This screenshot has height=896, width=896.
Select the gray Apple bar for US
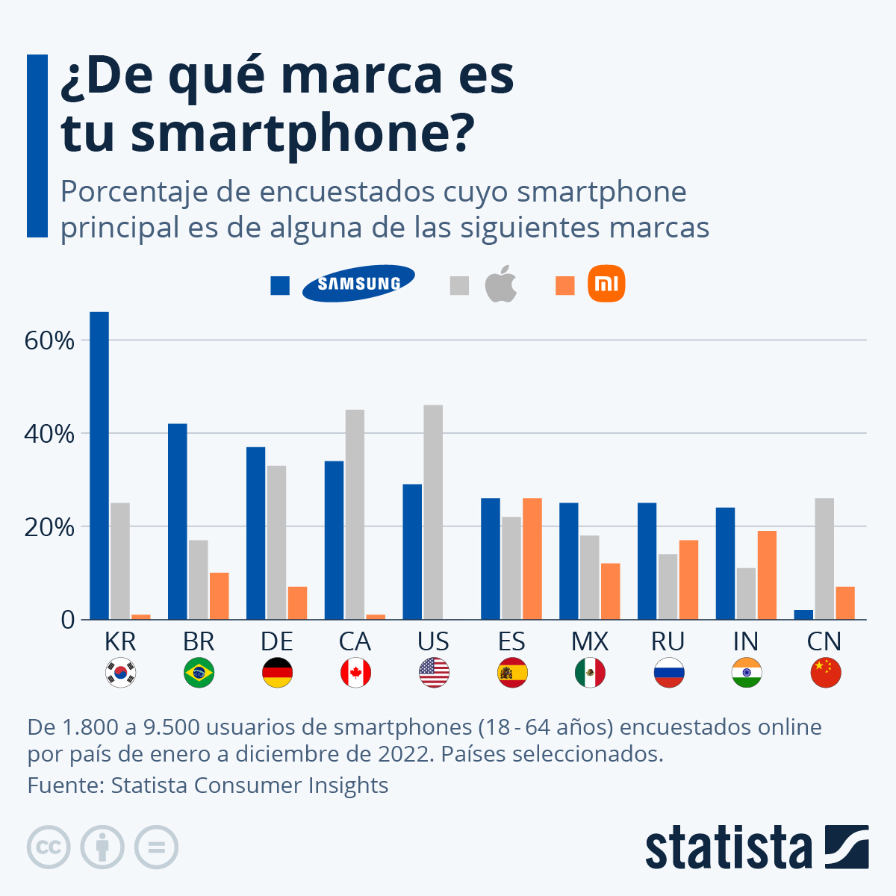click(x=433, y=512)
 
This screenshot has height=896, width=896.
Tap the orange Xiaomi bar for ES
click(x=532, y=559)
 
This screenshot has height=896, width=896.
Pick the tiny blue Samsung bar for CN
click(x=803, y=615)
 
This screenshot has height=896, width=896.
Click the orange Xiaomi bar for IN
click(x=767, y=575)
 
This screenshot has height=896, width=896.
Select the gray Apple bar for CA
click(x=355, y=514)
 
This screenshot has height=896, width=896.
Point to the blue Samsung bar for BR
click(x=178, y=521)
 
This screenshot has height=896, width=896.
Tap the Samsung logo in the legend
click(x=358, y=284)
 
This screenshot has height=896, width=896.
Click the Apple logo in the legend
click(x=501, y=284)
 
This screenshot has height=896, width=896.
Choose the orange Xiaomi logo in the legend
click(x=606, y=284)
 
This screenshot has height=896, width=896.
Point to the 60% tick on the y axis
click(x=50, y=341)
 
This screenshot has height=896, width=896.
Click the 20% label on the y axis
click(x=50, y=528)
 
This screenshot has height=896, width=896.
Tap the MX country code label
click(x=590, y=641)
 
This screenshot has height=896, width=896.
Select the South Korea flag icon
click(x=120, y=673)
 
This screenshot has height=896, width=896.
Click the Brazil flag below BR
click(x=199, y=673)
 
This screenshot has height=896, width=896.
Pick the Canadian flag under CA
click(x=355, y=673)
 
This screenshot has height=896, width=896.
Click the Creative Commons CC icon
click(x=49, y=847)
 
